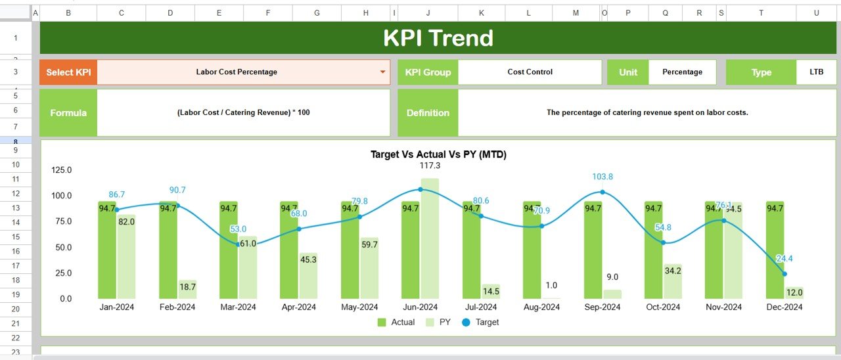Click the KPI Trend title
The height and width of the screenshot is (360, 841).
point(438,38)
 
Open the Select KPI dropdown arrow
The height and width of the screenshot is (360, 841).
point(383,72)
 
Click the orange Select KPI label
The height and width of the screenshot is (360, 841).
point(68,72)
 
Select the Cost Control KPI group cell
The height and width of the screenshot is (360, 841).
point(530,72)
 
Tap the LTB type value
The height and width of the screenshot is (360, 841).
point(816,72)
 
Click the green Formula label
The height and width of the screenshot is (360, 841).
point(68,112)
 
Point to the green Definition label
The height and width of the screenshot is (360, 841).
point(428,112)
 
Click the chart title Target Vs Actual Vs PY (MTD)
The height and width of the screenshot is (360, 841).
point(438,154)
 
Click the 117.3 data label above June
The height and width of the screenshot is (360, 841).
point(430,166)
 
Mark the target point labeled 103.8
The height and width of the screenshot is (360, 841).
point(602,192)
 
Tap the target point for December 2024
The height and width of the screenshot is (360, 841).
point(784,274)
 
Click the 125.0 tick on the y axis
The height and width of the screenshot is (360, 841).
point(62,170)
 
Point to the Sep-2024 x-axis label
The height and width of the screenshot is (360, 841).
point(602,307)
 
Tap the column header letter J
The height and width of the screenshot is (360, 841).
point(428,13)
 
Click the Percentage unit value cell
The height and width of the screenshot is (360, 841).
point(682,72)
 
